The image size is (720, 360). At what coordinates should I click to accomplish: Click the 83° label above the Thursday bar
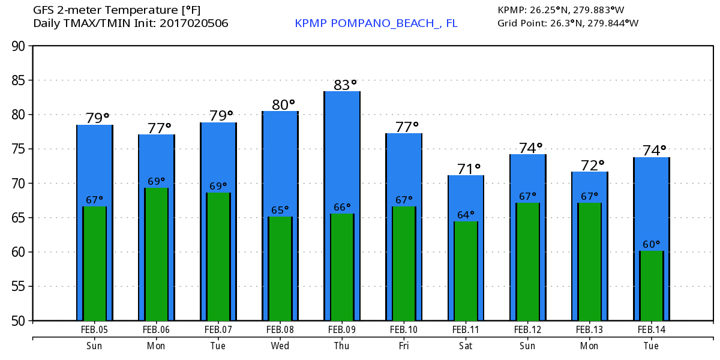click(345, 85)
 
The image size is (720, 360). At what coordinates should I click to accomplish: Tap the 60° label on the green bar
click(651, 244)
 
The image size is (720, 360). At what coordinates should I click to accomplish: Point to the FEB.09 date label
click(341, 329)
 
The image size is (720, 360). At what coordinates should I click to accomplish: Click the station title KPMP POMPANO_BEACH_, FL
click(376, 23)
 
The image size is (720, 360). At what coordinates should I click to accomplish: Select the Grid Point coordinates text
click(568, 23)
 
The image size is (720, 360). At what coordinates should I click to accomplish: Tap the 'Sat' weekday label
click(465, 346)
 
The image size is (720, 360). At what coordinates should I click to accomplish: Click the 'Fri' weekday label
click(403, 346)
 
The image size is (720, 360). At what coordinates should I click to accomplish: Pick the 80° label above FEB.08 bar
click(283, 105)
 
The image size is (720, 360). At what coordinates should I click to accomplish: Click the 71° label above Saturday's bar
click(469, 169)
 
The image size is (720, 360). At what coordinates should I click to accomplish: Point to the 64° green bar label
click(466, 214)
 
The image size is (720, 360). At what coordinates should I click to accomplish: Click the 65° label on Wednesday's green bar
click(280, 210)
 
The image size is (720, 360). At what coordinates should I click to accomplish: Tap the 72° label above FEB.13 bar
click(592, 166)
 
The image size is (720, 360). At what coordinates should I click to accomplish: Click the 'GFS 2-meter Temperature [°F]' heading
click(117, 10)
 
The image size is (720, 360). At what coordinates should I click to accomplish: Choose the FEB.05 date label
click(94, 329)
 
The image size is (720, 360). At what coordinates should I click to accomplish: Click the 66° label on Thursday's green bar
click(342, 207)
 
